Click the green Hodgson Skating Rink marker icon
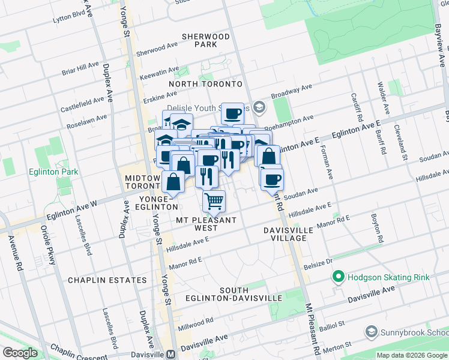tap(339, 277)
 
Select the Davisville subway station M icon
tap(170, 354)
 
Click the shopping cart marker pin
tap(214, 201)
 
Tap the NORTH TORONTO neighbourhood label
tap(205, 84)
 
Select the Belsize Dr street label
tap(320, 262)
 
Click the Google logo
tap(20, 353)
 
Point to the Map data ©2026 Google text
tap(411, 355)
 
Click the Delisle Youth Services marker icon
tap(259, 108)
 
